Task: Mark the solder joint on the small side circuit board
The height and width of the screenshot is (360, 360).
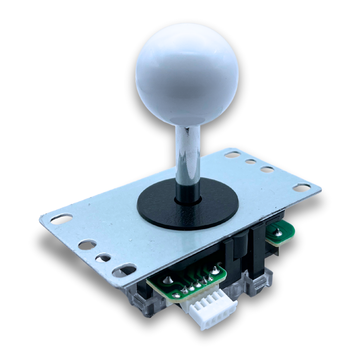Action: (277, 230)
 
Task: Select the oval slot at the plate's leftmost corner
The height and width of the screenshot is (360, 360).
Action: (61, 219)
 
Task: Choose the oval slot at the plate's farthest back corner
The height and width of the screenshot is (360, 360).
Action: (232, 154)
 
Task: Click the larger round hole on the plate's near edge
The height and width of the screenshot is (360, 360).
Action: (87, 245)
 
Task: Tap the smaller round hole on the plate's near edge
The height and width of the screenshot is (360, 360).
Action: (103, 258)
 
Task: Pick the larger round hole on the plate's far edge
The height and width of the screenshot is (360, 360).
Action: (267, 169)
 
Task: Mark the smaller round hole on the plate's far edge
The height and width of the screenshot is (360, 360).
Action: (250, 161)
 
